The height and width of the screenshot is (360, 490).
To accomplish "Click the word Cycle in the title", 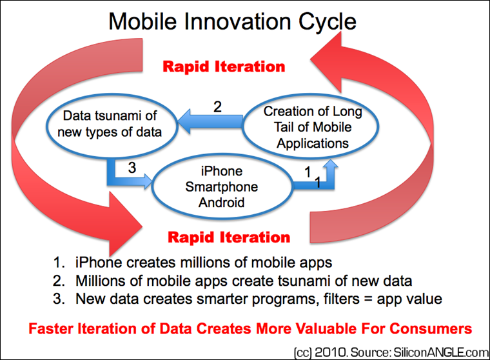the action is tap(327, 23).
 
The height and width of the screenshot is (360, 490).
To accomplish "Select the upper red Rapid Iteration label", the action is tap(224, 66).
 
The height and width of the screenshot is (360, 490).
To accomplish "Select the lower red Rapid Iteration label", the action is tap(229, 237).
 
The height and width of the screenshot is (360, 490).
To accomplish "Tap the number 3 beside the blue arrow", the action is tap(132, 168).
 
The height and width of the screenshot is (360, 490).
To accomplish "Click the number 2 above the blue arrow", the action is tap(217, 106).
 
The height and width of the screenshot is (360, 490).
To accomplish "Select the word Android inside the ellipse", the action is tap(222, 203).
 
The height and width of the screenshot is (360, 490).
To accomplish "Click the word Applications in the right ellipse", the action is tap(313, 143).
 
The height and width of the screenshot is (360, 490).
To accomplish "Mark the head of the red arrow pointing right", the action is tap(125, 224).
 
